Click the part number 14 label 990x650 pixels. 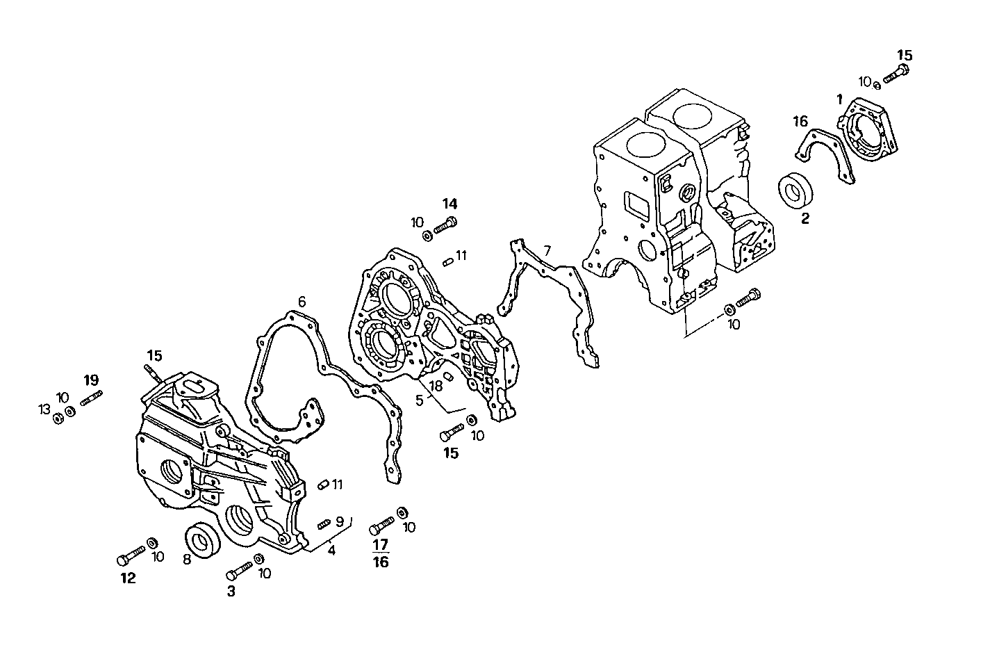(x=450, y=204)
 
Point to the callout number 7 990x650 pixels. (x=547, y=250)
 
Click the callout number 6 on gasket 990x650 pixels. (x=302, y=302)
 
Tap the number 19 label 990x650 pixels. (x=92, y=380)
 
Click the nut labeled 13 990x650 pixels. (x=57, y=418)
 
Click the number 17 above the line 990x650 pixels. (x=381, y=544)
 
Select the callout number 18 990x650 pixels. (x=436, y=386)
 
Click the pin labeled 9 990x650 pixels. (x=324, y=524)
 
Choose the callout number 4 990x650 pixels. (x=332, y=551)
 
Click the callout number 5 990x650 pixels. (x=419, y=400)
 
